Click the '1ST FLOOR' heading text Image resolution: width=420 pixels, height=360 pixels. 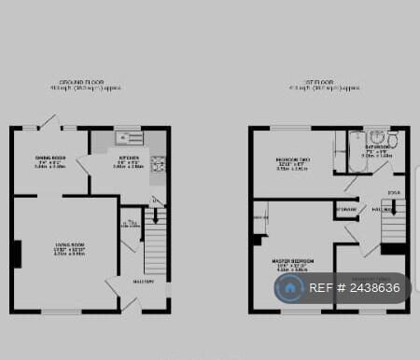(313, 82)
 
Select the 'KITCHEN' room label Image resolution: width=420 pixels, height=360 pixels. (129, 159)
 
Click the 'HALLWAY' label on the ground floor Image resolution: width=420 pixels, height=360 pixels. (143, 281)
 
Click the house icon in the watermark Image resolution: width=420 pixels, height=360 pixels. (291, 288)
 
